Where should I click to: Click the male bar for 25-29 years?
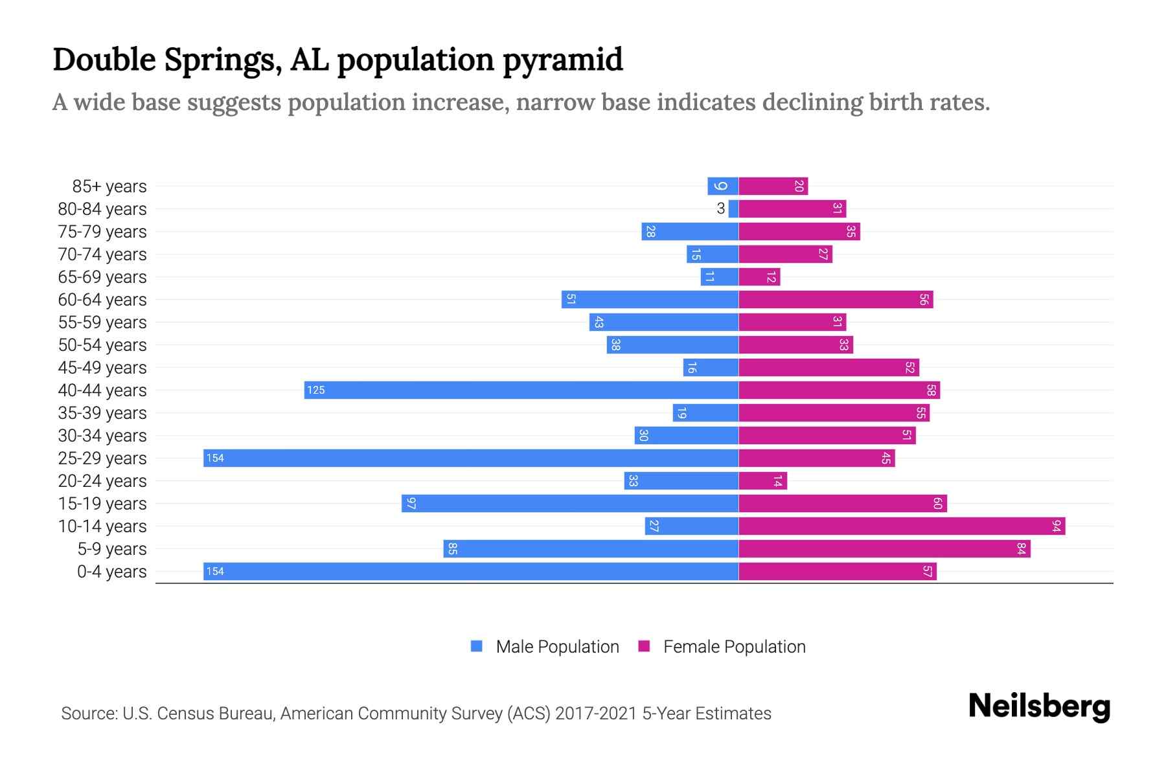tap(471, 458)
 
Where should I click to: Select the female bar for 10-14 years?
tap(902, 526)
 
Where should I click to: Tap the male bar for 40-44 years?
tap(521, 390)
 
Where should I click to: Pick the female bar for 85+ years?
tap(773, 186)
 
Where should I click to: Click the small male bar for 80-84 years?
tap(733, 209)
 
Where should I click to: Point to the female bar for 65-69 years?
tap(759, 277)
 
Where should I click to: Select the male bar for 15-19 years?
tap(570, 504)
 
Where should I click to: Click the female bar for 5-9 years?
tap(884, 549)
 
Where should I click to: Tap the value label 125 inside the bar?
tap(316, 390)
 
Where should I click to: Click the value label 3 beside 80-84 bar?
tap(720, 209)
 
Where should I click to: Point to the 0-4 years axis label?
tap(111, 572)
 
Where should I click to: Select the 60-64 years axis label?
tap(102, 300)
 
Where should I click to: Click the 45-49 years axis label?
tap(102, 368)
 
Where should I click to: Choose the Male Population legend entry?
tap(557, 647)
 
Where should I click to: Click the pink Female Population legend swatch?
tap(644, 646)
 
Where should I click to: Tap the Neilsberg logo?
tap(1039, 706)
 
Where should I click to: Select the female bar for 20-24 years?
tap(762, 481)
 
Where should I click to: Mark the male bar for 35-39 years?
tap(705, 413)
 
